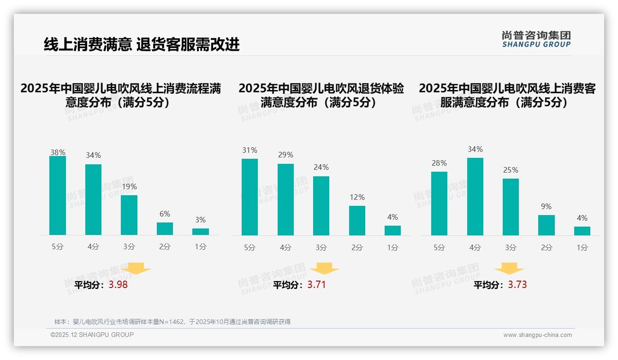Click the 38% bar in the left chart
(58, 196)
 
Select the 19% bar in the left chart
(129, 215)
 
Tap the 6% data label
(165, 214)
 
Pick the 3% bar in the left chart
(201, 232)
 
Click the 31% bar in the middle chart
(250, 197)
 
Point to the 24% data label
(321, 167)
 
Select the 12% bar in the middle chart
(357, 221)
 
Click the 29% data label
(285, 155)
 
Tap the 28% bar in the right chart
(439, 204)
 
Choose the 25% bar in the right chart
(511, 207)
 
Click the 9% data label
(546, 206)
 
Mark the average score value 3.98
(118, 285)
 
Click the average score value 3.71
(316, 285)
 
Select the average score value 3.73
(517, 285)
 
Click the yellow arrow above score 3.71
(324, 268)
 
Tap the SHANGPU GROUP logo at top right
(536, 39)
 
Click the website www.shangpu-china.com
(537, 335)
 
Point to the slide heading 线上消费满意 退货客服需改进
(142, 44)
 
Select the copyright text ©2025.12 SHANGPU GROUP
(92, 335)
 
